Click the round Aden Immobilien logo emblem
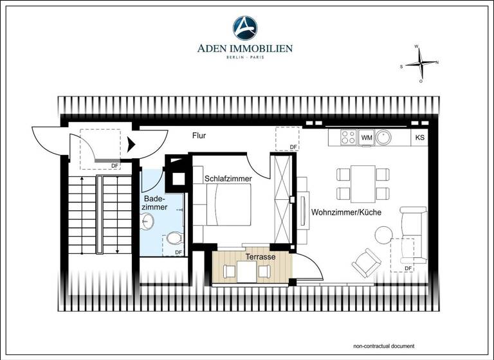(x=245, y=28)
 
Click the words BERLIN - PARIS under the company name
(x=245, y=58)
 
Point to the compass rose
(x=421, y=63)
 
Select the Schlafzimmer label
(x=228, y=178)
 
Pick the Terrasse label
(x=260, y=256)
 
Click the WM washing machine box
(x=367, y=137)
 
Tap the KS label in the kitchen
(x=420, y=138)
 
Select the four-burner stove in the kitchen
(x=348, y=137)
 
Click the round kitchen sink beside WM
(x=385, y=137)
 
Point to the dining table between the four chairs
(x=363, y=183)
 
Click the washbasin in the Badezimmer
(x=147, y=222)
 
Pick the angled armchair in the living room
(x=367, y=260)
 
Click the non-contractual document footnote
(x=380, y=345)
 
